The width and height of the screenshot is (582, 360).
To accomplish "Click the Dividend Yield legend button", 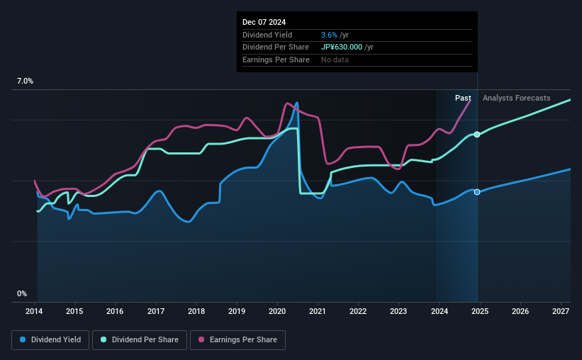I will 50,340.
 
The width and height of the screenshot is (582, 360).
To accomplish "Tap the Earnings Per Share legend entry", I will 237,340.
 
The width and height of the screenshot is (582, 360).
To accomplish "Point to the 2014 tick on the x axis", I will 35,311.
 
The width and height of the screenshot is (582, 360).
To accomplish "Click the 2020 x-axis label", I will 277,311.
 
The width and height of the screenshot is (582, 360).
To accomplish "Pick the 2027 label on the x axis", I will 560,311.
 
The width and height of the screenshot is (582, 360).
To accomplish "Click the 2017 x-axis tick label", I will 156,311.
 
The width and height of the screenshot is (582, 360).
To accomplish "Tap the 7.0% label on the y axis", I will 25,81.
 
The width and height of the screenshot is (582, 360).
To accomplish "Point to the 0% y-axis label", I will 22,293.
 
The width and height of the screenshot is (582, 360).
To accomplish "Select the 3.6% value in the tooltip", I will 328,35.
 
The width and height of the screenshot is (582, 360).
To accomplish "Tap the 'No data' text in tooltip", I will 335,60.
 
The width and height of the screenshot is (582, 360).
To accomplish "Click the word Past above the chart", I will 463,98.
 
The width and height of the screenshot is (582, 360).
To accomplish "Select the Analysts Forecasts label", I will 516,98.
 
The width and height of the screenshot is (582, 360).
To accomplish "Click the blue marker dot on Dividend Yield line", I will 477,192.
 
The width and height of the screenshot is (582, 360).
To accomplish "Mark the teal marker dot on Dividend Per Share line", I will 477,134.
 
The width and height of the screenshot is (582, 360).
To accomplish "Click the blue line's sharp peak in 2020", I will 296,103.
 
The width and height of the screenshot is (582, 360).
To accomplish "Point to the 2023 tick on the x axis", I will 398,311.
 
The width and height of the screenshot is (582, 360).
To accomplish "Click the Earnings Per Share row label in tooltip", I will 276,60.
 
